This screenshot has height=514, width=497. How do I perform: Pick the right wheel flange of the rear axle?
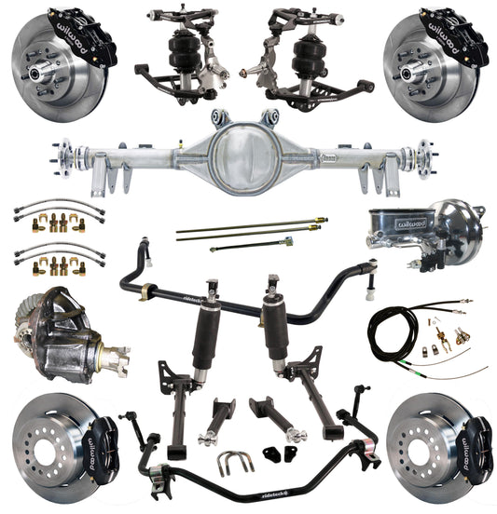pos(426,153)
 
